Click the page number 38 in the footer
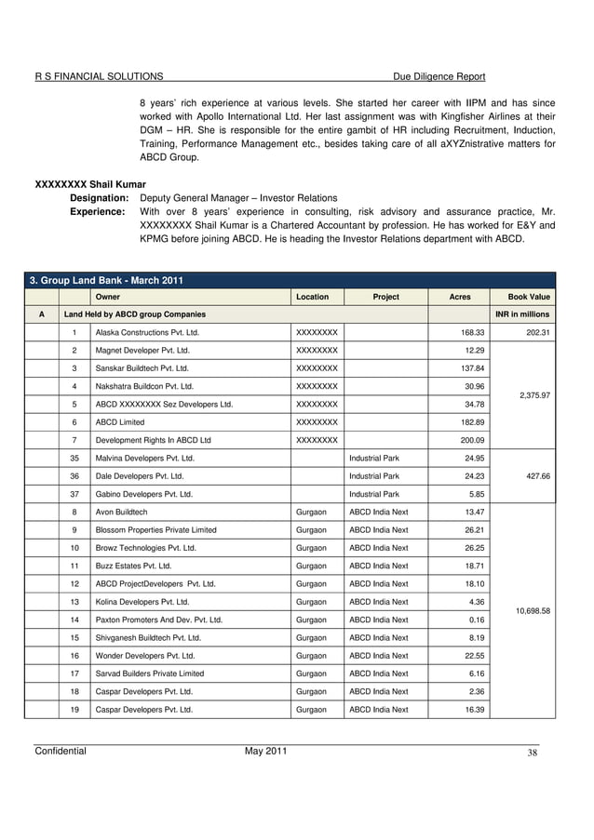click(x=532, y=753)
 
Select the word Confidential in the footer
click(x=61, y=751)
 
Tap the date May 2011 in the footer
click(x=265, y=751)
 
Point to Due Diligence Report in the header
click(x=440, y=76)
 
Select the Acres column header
click(x=460, y=297)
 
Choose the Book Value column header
click(x=529, y=297)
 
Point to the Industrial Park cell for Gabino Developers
click(x=374, y=494)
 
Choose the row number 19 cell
click(x=74, y=709)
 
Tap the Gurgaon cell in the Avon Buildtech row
click(x=311, y=513)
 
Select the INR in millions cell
click(x=522, y=314)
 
